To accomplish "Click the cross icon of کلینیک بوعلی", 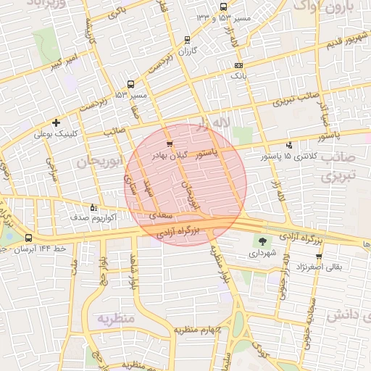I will click(x=56, y=122).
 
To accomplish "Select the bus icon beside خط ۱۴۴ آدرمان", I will click(x=28, y=238).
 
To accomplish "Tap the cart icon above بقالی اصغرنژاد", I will click(x=318, y=257).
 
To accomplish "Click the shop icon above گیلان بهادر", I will click(x=170, y=144).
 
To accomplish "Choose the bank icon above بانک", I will click(x=238, y=66).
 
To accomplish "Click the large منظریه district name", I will click(x=117, y=318).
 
